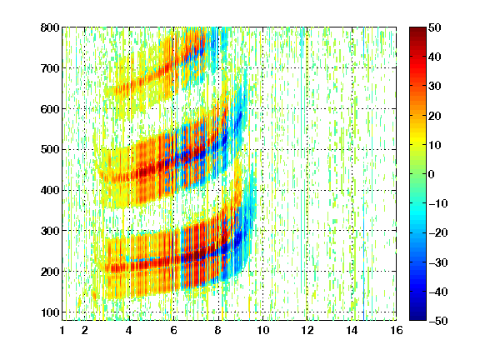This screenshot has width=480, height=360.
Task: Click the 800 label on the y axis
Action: coord(50,27)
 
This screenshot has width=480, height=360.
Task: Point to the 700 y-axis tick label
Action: coord(50,68)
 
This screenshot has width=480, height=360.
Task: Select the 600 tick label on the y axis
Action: coord(50,109)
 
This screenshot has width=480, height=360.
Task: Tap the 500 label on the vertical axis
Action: coord(50,150)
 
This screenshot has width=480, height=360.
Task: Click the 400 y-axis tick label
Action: coord(50,190)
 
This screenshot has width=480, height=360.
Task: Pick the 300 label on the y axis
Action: coord(50,231)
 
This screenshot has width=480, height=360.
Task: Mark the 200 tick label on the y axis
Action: coord(50,272)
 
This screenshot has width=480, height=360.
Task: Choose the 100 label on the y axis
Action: coord(50,312)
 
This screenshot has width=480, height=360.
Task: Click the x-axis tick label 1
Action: coord(62,330)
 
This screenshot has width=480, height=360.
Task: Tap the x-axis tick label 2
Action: coord(85,330)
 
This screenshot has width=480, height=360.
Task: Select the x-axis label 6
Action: coord(174,330)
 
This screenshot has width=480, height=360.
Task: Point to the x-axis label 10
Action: coord(263,330)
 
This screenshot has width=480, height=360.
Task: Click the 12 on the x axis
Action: coord(307,330)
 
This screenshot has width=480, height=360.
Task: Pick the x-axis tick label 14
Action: coord(352,330)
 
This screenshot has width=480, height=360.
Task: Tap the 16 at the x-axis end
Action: coord(397,330)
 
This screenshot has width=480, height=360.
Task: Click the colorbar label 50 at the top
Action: coord(434,27)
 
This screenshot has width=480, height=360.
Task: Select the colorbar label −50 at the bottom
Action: coord(438,321)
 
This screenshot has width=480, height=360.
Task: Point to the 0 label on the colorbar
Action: coord(431,174)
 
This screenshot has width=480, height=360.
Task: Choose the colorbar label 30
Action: coord(434,87)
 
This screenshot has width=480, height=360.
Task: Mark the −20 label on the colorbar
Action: coord(438,233)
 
